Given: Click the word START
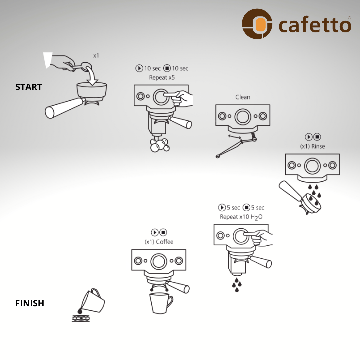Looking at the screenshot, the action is pos(29,87).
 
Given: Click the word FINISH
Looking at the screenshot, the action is pos(30,303).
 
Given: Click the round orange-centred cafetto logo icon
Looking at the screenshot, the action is pos(257,24).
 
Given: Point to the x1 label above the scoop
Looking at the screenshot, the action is pos(96,56).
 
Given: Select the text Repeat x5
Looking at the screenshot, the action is pos(162,78).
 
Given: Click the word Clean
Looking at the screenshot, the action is pos(243,97).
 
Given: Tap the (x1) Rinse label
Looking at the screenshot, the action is pos(312,146).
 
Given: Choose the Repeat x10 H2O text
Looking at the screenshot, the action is pos(241,217).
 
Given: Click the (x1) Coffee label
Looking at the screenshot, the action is pos(159,242).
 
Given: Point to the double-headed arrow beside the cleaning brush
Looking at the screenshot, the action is pos(234,137).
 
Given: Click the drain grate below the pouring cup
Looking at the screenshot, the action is pos(81,318).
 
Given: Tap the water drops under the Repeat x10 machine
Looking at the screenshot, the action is pos(237,285).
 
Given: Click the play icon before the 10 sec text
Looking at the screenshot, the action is pos(139,68).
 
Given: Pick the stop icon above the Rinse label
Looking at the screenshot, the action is pos(317,137).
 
